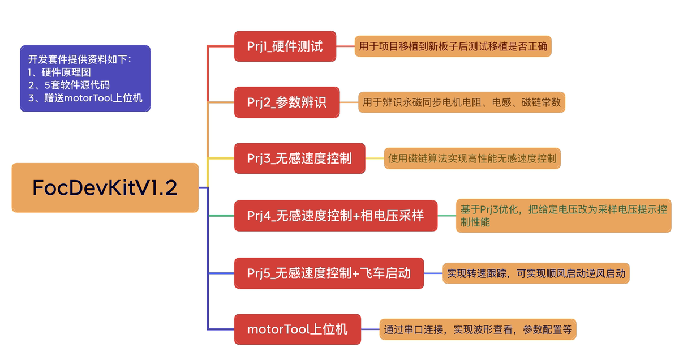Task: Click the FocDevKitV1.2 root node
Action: click(x=105, y=187)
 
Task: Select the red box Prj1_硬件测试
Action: click(x=285, y=46)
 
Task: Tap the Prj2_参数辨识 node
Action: click(x=287, y=102)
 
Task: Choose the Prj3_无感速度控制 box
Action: click(x=299, y=158)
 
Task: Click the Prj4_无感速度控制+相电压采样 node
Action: click(x=336, y=216)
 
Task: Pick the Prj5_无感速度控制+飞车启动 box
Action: click(x=329, y=273)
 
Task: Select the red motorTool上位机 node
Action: click(x=297, y=329)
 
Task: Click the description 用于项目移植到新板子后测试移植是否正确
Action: click(x=453, y=46)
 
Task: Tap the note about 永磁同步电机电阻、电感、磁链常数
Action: click(x=461, y=102)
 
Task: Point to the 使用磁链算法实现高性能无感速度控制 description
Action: click(x=472, y=158)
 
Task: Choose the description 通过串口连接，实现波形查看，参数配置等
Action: click(x=478, y=329)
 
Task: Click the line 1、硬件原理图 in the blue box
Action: click(x=59, y=72)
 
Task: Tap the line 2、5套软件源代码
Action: click(x=68, y=85)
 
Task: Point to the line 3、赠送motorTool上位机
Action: click(x=85, y=98)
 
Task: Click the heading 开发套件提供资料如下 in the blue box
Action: click(x=80, y=59)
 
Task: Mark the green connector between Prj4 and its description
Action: click(x=446, y=216)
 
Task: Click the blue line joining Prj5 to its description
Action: click(x=433, y=273)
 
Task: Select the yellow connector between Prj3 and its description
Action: click(x=374, y=158)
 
